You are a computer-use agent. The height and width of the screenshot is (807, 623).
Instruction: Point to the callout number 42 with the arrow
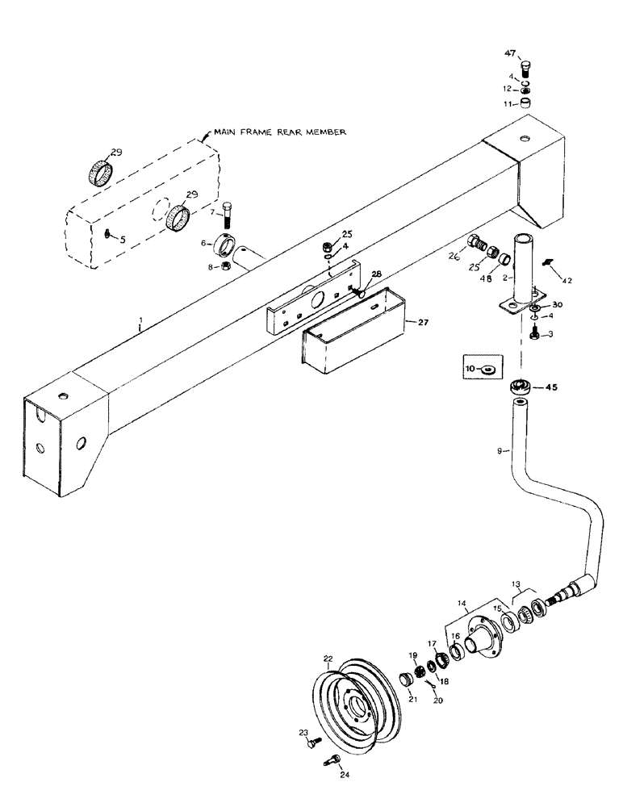(x=567, y=282)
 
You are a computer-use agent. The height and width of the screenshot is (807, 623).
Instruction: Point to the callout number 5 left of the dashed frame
(x=122, y=239)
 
